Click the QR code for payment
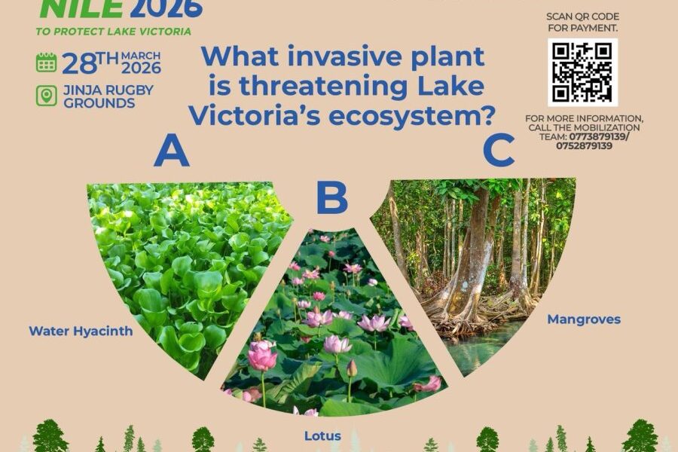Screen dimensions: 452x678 (x=582, y=72)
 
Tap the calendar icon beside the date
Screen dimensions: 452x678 (x=46, y=63)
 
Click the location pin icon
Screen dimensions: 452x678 (x=46, y=96)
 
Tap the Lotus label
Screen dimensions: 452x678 (x=322, y=435)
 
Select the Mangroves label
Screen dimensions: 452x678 (x=583, y=319)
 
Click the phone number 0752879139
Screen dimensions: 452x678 (x=584, y=145)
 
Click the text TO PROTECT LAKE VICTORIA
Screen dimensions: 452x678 (x=112, y=32)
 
